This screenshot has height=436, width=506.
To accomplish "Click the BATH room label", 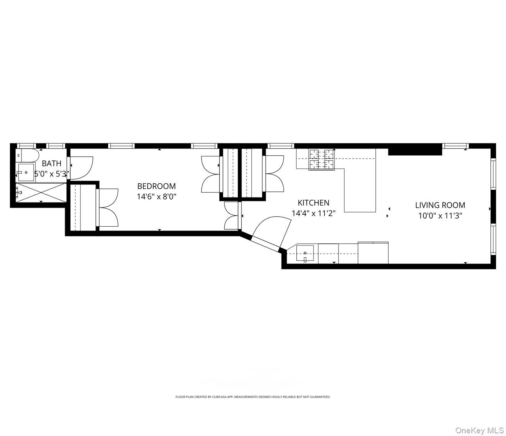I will [51, 164].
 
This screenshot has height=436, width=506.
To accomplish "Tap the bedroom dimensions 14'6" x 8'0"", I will [156, 197].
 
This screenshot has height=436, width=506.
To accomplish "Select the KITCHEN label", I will [314, 202].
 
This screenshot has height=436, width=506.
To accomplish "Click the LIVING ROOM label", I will [440, 205].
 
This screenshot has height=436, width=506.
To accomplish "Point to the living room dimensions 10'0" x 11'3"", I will [440, 216].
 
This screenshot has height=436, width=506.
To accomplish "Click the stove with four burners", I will [322, 159].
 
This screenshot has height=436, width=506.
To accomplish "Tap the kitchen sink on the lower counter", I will [305, 254].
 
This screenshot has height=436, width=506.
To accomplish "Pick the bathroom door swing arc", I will [81, 168].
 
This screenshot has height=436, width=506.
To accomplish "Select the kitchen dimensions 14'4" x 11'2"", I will [314, 213].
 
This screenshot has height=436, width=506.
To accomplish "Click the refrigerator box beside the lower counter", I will [373, 253].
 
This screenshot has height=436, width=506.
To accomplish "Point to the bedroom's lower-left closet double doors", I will [108, 207].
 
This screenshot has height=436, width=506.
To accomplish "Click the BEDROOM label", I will [156, 186].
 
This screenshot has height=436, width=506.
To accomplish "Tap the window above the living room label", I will [455, 146].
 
